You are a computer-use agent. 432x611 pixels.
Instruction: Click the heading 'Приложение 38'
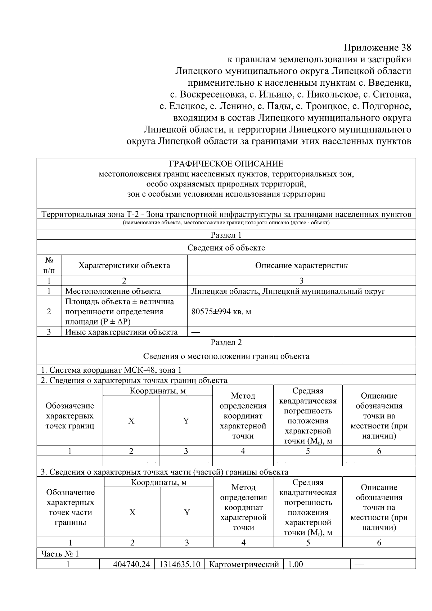pyautogui.click(x=377, y=48)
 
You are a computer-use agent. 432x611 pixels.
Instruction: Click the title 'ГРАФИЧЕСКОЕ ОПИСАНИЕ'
pyautogui.click(x=226, y=164)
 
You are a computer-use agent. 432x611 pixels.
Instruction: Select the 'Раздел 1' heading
pyautogui.click(x=226, y=235)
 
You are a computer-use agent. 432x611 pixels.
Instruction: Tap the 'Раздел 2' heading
pyautogui.click(x=226, y=342)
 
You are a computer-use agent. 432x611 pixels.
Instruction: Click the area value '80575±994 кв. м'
pyautogui.click(x=221, y=311)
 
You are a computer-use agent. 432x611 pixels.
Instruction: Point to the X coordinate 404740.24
pyautogui.click(x=131, y=564)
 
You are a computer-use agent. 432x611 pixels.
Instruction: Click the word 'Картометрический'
pyautogui.click(x=244, y=564)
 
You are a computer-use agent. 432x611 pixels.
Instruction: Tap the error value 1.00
pyautogui.click(x=295, y=564)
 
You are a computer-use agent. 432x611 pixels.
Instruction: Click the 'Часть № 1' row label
pyautogui.click(x=59, y=553)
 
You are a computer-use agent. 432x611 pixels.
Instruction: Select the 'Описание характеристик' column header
pyautogui.click(x=301, y=266)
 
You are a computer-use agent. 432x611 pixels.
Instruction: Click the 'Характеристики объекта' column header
pyautogui.click(x=124, y=266)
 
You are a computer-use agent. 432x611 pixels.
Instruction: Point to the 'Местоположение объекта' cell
pyautogui.click(x=113, y=291)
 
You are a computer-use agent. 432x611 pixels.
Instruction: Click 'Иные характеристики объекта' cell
pyautogui.click(x=121, y=332)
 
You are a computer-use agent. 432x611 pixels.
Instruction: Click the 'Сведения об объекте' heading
pyautogui.click(x=226, y=248)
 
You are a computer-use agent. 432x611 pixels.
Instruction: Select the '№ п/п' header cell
pyautogui.click(x=49, y=265)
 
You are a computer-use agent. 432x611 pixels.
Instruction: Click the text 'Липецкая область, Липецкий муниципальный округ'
pyautogui.click(x=288, y=291)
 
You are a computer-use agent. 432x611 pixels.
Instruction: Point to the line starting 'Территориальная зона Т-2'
pyautogui.click(x=226, y=215)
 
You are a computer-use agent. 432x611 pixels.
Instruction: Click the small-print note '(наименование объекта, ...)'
pyautogui.click(x=226, y=223)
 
